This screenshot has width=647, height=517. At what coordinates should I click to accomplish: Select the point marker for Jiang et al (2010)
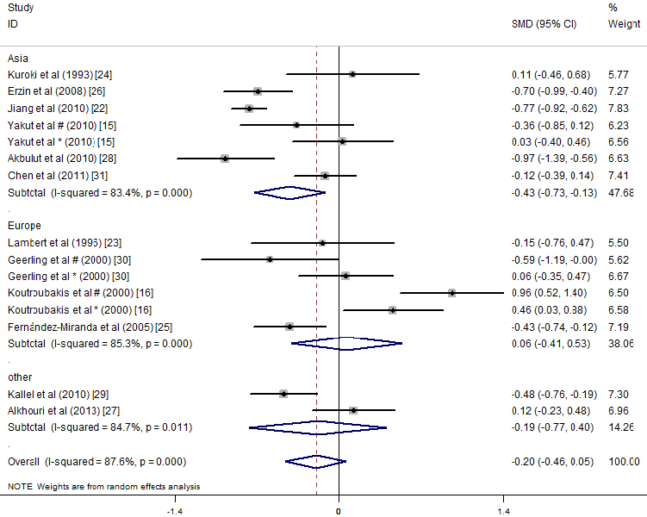tap(249, 108)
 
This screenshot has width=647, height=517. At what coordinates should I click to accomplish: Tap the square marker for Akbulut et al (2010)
tap(225, 159)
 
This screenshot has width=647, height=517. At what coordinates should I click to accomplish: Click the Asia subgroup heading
tap(18, 58)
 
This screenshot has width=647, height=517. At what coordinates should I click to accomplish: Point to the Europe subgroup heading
tap(24, 226)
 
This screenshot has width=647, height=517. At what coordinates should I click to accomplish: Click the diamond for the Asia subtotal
tap(289, 192)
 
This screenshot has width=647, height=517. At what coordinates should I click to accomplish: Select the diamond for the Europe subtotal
tap(346, 343)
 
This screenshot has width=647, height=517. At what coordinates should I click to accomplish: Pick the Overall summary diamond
tap(315, 462)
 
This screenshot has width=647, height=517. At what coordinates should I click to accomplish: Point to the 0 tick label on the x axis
tap(339, 511)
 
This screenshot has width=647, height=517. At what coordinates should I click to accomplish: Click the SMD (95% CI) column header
tap(544, 23)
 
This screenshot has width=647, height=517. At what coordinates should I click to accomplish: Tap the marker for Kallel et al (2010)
tap(283, 394)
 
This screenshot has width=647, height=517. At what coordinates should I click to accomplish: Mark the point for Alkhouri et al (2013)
tap(353, 410)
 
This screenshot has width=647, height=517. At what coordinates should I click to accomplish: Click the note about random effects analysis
tap(104, 487)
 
